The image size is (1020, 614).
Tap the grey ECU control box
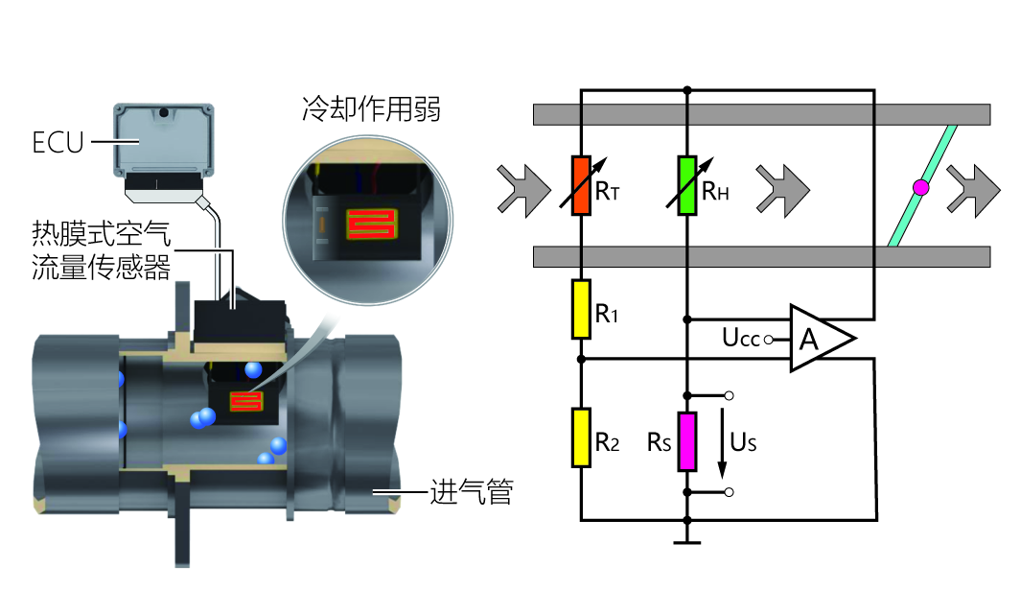(163, 140)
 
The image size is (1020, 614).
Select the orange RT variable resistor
(581, 184)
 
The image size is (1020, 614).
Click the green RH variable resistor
(686, 184)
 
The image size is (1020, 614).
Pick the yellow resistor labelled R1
(581, 309)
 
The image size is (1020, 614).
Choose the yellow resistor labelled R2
(581, 437)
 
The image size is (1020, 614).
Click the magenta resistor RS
(686, 441)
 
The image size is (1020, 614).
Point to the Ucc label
(741, 339)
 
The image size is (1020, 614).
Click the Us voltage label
(743, 442)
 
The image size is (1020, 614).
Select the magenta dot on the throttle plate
(921, 188)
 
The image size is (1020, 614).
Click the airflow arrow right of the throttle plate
(970, 186)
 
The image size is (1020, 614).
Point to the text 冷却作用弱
(370, 109)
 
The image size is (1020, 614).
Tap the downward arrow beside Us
(722, 444)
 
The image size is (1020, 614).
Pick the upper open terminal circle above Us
(730, 395)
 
